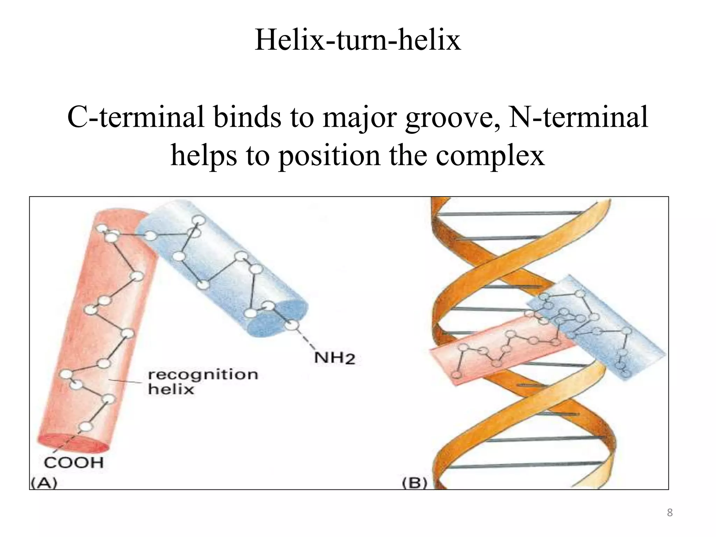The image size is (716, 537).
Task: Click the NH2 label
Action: click(335, 358)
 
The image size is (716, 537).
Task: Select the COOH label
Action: click(74, 463)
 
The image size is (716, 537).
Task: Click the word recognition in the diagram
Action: click(203, 375)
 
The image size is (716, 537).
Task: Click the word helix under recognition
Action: click(171, 389)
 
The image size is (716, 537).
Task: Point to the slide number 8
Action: click(670, 513)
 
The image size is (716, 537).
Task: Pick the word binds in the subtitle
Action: click(247, 117)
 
